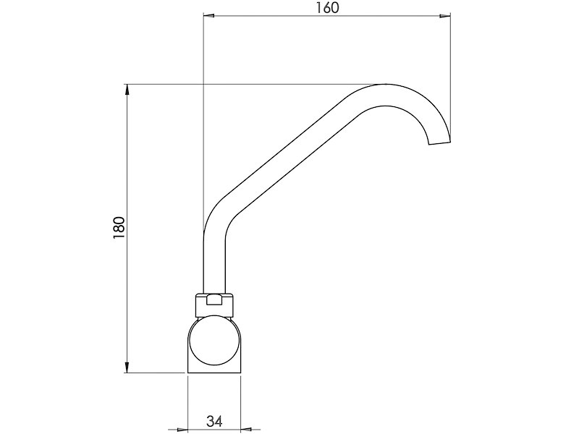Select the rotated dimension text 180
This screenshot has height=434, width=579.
pos(120,228)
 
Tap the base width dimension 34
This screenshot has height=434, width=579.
pos(214,421)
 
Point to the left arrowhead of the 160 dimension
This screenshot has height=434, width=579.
pos(208,14)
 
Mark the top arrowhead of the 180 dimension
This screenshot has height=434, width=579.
pos(127,90)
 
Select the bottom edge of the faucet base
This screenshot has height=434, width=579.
pos(214,373)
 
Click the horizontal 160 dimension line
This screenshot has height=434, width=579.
pos(275,14)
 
